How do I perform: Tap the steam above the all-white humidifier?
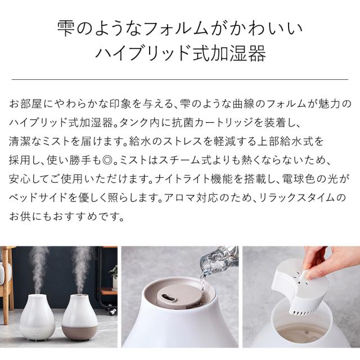point(38,270)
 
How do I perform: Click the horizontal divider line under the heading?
point(180,79)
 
